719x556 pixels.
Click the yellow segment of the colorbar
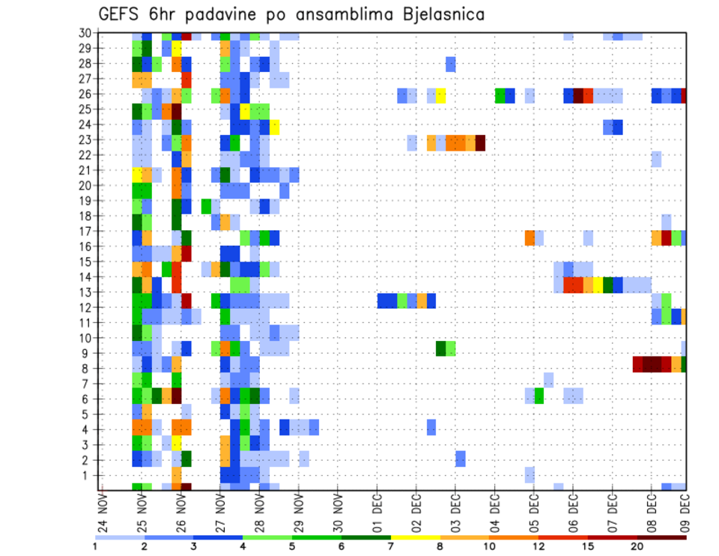[416, 537]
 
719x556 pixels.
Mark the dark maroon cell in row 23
[480, 142]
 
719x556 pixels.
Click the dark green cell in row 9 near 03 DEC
[441, 348]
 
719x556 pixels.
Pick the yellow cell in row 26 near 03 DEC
[441, 95]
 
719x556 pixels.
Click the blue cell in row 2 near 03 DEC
[461, 458]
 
